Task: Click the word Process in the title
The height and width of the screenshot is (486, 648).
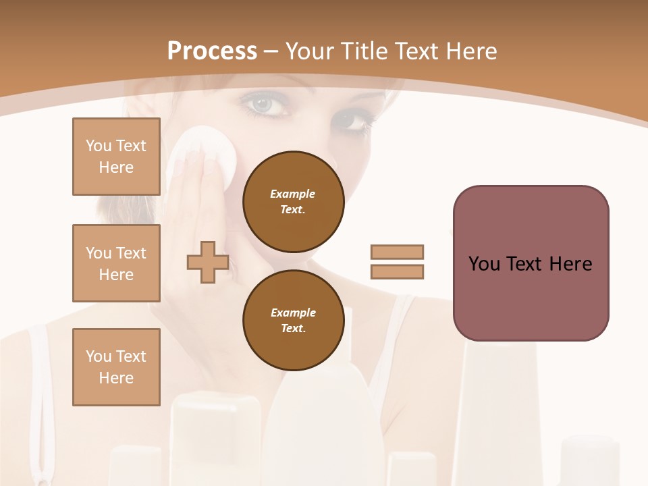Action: point(212,51)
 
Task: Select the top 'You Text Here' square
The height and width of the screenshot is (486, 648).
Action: point(116,157)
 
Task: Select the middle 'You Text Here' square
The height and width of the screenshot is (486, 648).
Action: point(116,263)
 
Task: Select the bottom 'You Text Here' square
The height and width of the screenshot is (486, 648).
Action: point(116,367)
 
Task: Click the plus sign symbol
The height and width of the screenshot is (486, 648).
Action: point(208,263)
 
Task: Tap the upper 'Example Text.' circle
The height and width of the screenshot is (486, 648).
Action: point(293,202)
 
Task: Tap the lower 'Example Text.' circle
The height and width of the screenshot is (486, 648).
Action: point(293,321)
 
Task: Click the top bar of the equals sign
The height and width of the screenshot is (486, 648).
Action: point(397,252)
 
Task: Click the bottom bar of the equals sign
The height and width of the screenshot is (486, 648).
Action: point(397,272)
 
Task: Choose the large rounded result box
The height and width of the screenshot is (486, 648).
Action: point(531,263)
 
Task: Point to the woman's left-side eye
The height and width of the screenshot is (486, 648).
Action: point(262,105)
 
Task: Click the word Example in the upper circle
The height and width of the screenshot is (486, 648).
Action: point(293,194)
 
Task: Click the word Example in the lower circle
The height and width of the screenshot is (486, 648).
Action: point(293,313)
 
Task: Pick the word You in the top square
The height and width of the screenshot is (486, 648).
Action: point(99,146)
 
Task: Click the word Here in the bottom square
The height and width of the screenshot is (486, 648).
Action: point(116,378)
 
